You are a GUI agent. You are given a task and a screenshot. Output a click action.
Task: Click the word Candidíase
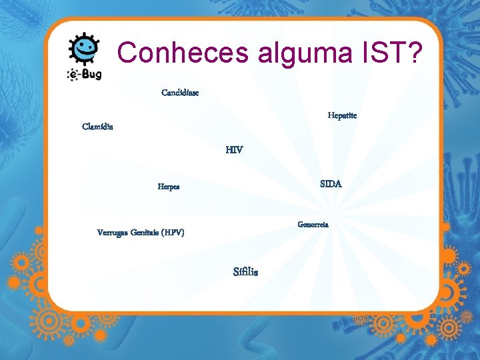point(180,93)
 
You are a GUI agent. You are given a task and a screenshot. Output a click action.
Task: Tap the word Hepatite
point(342,116)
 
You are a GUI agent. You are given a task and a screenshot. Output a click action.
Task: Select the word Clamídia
point(97,127)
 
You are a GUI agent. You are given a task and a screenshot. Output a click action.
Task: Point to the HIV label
point(234,151)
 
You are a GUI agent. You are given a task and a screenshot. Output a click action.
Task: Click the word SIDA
point(331,184)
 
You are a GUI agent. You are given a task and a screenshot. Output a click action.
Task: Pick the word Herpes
point(168,187)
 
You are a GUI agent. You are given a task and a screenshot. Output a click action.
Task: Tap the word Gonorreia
point(313,225)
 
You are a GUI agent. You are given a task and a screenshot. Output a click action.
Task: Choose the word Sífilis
point(245,272)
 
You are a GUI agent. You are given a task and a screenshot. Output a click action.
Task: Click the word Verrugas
point(114,233)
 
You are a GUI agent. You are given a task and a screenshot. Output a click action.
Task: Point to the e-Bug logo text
point(85,74)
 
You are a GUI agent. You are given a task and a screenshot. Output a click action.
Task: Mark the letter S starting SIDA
point(323,184)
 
